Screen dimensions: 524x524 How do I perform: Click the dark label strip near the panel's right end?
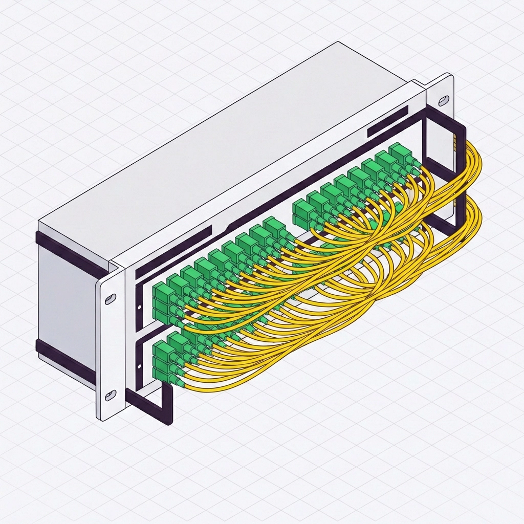pyautogui.click(x=387, y=122)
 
